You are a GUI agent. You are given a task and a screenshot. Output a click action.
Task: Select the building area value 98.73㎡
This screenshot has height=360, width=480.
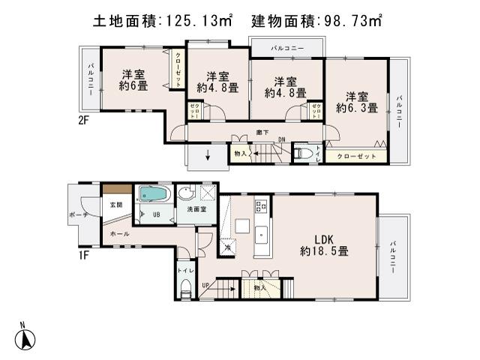click(x=352, y=22)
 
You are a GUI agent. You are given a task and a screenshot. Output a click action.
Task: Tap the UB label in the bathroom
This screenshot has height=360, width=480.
click(x=156, y=214)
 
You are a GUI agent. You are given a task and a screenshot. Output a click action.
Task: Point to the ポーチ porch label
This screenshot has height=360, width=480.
click(x=77, y=214)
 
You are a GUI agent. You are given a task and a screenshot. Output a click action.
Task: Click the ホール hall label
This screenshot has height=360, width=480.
click(x=119, y=234)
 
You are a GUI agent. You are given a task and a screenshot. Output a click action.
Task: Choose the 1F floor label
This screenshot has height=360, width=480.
click(x=83, y=253)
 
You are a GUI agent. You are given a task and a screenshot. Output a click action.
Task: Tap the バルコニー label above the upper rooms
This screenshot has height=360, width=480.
click(x=288, y=48)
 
